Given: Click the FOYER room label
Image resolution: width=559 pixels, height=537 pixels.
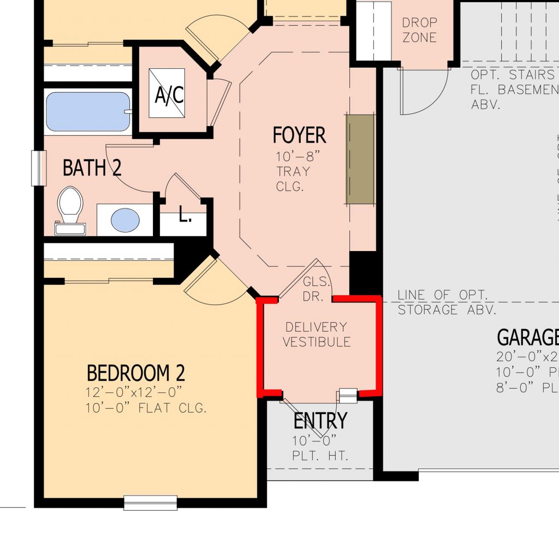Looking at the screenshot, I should [299, 135].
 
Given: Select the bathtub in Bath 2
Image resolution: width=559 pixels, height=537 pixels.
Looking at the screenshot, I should [88, 112].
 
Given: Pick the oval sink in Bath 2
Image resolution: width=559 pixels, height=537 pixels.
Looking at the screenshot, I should [124, 220].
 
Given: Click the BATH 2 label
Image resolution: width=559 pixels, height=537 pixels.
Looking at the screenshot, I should [92, 168].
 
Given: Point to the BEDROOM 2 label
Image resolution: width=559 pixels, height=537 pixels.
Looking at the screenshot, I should [136, 373].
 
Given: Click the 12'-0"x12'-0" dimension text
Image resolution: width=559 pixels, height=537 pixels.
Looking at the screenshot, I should [133, 392].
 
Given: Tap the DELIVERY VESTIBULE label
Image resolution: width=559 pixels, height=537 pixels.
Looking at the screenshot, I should [316, 334].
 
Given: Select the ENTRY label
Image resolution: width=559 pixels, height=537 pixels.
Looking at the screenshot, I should [320, 421].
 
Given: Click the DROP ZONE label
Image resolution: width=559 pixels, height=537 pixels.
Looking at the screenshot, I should [419, 30].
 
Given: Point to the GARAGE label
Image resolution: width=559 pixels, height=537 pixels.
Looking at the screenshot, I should [527, 338].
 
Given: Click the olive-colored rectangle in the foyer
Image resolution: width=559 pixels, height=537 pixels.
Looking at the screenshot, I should [361, 159].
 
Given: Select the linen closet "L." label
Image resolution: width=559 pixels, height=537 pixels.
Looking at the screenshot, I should [185, 216].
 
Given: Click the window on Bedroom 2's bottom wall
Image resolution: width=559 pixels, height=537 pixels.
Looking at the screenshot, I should [151, 502].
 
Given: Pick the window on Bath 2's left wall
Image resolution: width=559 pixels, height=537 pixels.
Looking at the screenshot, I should [38, 168].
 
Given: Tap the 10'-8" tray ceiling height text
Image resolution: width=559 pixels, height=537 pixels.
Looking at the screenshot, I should [297, 157].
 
